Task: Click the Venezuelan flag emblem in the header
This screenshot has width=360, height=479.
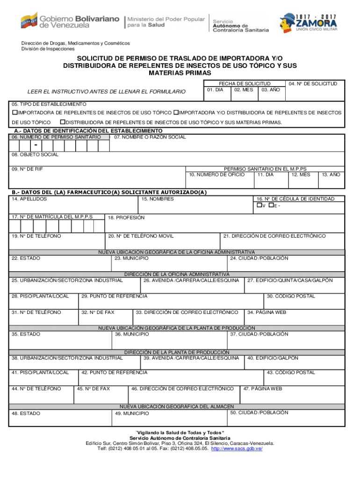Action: click(29, 22)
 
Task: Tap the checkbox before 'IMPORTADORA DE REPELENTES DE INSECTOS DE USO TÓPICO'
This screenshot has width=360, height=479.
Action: click(14, 113)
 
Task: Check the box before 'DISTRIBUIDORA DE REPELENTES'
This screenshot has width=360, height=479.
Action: click(63, 122)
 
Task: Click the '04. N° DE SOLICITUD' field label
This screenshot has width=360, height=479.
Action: click(313, 84)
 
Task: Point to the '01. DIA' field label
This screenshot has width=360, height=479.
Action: click(216, 89)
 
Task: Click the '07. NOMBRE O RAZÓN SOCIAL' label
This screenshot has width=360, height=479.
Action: click(150, 137)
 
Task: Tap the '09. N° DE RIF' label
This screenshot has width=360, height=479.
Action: click(28, 168)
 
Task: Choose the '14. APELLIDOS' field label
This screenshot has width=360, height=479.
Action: click(29, 199)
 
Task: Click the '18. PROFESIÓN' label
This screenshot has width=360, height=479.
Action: click(126, 218)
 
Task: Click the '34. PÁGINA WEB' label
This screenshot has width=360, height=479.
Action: click(267, 312)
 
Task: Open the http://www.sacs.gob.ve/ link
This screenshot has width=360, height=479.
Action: click(237, 449)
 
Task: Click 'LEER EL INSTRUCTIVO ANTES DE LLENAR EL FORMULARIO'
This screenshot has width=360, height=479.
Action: click(106, 92)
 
